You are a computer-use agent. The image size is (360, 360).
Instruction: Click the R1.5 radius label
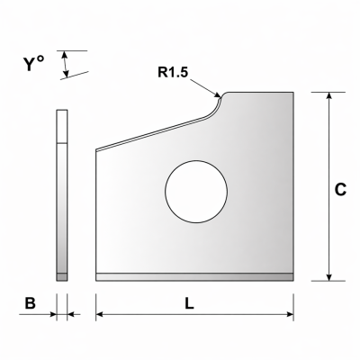point(173,72)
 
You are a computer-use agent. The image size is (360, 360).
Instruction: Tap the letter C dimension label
point(340,190)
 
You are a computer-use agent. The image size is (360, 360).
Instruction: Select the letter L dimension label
point(189,304)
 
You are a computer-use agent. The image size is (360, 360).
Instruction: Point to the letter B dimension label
point(30,303)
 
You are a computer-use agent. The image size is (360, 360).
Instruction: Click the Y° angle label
point(33,64)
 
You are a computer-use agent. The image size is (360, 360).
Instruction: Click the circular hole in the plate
point(196,192)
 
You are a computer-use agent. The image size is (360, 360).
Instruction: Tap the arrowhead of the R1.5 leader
point(218,94)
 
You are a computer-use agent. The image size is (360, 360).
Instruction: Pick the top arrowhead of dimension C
point(329,95)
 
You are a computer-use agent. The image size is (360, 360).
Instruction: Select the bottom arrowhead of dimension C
point(329,277)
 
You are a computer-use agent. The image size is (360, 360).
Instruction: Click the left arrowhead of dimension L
point(100,314)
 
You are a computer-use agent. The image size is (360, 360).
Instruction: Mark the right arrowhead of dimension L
point(290,314)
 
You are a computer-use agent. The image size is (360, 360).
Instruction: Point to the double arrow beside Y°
point(65,64)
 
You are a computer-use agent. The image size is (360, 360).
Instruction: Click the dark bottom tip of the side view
point(62,277)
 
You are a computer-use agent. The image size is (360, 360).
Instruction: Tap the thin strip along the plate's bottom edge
point(194,277)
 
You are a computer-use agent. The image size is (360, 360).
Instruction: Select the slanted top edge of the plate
point(151,133)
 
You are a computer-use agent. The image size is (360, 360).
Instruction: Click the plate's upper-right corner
point(293,93)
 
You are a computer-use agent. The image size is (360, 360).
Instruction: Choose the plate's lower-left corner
point(96,281)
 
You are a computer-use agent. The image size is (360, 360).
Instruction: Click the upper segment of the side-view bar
point(62,126)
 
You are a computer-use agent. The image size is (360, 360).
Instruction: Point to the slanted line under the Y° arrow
point(75,76)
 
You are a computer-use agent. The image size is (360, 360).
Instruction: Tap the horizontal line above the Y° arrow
point(72,50)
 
